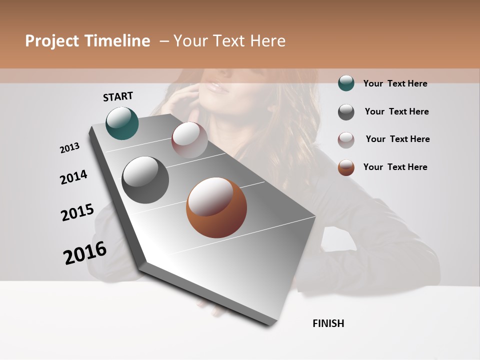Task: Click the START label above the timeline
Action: [118, 96]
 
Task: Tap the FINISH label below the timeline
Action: [328, 323]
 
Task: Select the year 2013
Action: [69, 148]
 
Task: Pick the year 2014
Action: [73, 177]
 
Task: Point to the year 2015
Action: [77, 212]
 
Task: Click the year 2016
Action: [85, 252]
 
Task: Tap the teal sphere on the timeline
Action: [122, 123]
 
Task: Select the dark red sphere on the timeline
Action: [189, 139]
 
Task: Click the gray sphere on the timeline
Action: [145, 180]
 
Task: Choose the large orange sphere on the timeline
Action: [216, 207]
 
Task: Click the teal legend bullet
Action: [346, 83]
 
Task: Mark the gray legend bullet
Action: [346, 112]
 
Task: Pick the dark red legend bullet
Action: [346, 140]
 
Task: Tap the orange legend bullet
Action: [346, 167]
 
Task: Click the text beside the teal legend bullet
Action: [395, 83]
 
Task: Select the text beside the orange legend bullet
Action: [395, 167]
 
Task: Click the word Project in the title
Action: [52, 41]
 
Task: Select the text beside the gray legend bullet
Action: [396, 111]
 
